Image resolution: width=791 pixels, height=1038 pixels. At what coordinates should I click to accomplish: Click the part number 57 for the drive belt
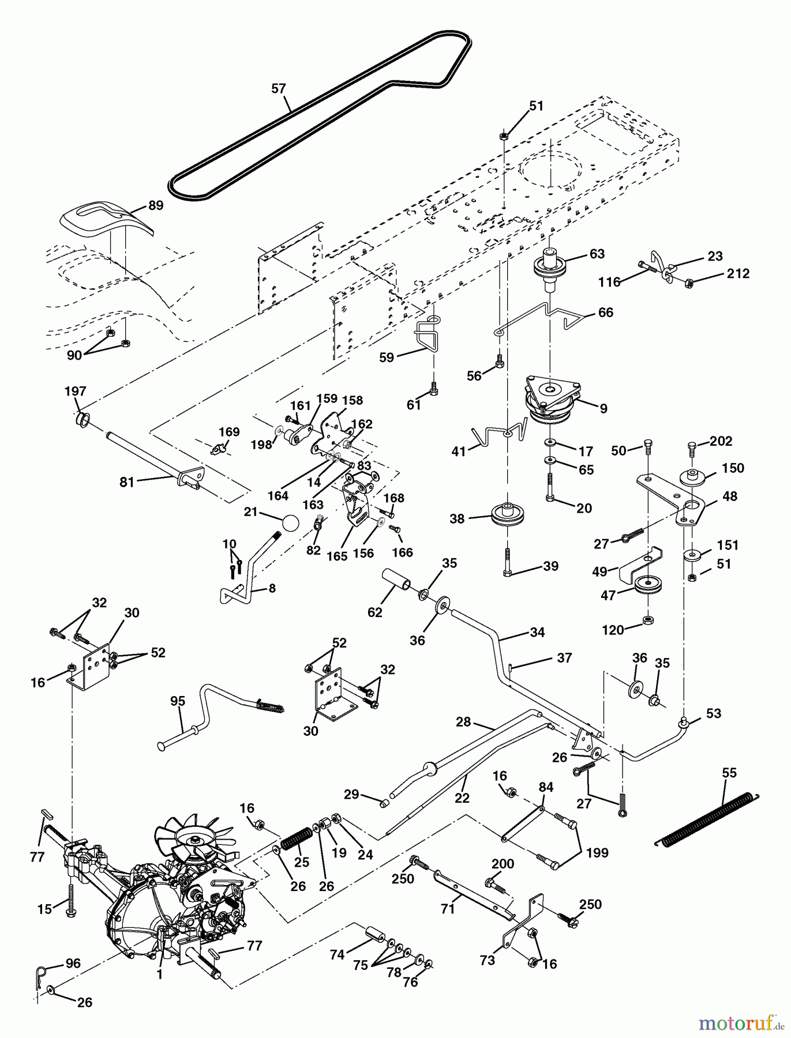pyautogui.click(x=279, y=88)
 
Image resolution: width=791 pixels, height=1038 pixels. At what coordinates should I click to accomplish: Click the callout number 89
pyautogui.click(x=156, y=205)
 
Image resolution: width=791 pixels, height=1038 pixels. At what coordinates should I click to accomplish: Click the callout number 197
pyautogui.click(x=75, y=392)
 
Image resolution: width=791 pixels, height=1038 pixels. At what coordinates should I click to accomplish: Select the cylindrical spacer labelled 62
pyautogui.click(x=397, y=581)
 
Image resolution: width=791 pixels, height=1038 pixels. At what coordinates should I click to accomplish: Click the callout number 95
pyautogui.click(x=178, y=701)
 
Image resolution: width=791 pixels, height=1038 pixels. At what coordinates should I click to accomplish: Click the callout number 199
pyautogui.click(x=597, y=852)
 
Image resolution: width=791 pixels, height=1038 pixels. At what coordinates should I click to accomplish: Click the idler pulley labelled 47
pyautogui.click(x=647, y=586)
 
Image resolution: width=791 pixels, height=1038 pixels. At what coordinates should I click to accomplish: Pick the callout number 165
pyautogui.click(x=337, y=555)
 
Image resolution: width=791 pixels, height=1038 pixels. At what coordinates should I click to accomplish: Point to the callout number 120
pyautogui.click(x=613, y=630)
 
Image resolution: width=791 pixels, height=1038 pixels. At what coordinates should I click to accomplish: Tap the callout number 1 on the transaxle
pyautogui.click(x=160, y=975)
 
